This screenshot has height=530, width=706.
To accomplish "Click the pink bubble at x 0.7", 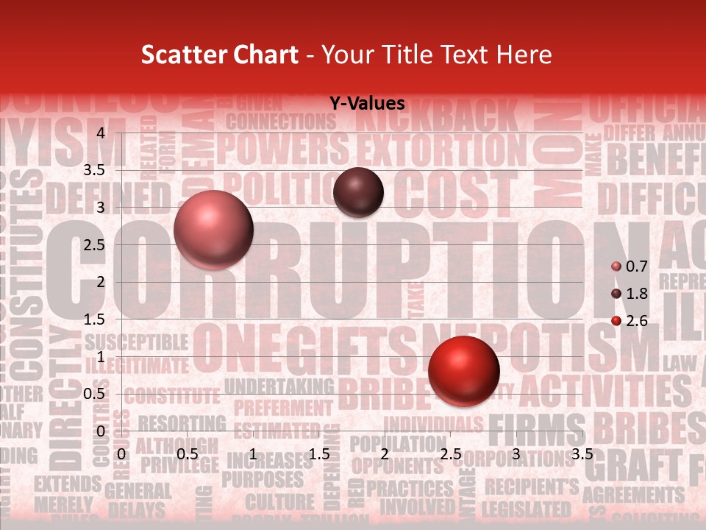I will (213, 230).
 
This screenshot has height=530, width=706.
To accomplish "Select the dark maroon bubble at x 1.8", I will (358, 192).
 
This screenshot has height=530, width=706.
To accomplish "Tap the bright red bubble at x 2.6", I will (463, 371).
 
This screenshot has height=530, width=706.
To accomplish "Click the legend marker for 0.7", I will (616, 266).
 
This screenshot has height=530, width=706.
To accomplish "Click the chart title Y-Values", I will (367, 104).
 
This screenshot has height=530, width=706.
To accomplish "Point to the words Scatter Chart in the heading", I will (220, 54).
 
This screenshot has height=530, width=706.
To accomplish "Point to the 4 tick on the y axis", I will (101, 132).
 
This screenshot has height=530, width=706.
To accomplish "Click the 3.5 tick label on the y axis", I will (95, 170).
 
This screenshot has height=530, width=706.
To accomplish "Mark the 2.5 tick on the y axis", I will (95, 244).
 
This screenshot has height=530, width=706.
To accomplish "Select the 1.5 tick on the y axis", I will (95, 319).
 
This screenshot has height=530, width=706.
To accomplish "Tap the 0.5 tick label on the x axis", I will (188, 454).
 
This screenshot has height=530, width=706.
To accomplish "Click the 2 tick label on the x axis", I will (385, 454).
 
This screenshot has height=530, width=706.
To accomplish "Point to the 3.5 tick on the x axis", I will (582, 454).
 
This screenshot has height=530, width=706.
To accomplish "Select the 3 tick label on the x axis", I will (516, 454).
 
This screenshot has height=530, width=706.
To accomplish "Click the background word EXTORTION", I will (441, 149).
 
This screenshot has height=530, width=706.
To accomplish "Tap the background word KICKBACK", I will (449, 116).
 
